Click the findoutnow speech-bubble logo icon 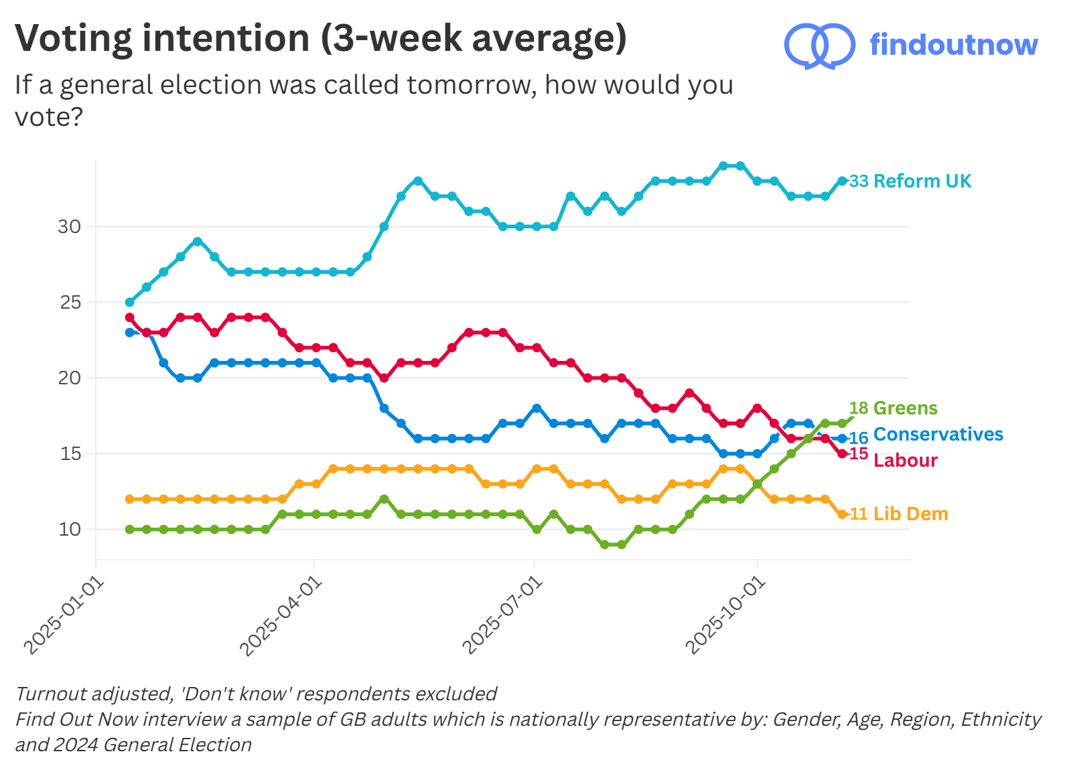click(819, 46)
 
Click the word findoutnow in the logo click(953, 45)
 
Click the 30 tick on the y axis click(69, 226)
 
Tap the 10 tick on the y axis click(69, 529)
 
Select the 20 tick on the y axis click(69, 378)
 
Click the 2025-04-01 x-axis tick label click(281, 617)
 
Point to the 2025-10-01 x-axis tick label click(725, 617)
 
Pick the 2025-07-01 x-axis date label click(502, 617)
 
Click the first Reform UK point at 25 click(129, 302)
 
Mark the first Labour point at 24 click(129, 317)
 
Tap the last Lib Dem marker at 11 click(842, 514)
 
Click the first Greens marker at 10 click(129, 529)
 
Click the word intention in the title click(226, 38)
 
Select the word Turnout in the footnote click(51, 694)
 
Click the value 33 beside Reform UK click(859, 181)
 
